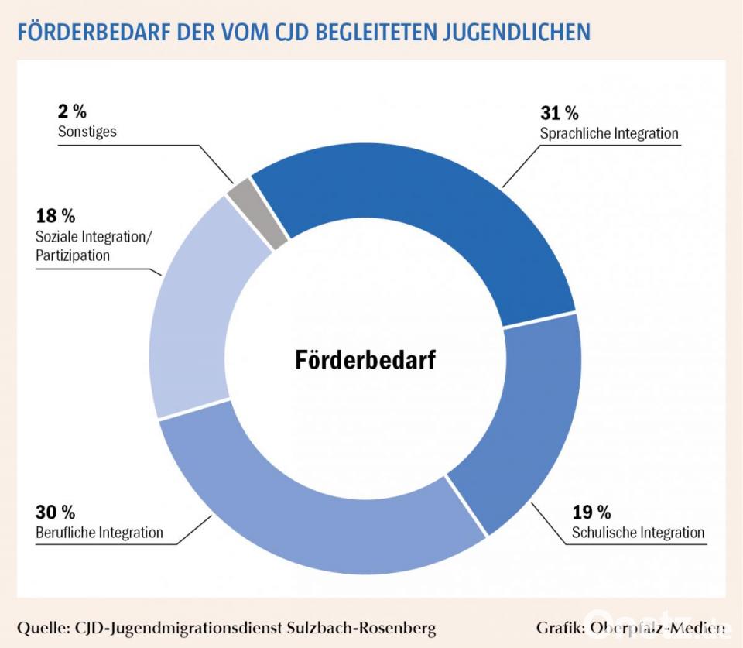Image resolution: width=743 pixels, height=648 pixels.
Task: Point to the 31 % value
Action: [560, 112]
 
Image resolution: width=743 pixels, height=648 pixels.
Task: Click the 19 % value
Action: [591, 512]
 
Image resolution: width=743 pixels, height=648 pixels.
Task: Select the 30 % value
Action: [55, 512]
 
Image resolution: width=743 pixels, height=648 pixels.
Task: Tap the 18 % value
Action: [56, 216]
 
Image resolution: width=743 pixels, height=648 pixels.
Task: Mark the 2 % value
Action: [72, 111]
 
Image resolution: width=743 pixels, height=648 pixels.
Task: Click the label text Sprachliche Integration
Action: [609, 133]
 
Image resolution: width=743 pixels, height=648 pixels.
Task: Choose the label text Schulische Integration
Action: [638, 533]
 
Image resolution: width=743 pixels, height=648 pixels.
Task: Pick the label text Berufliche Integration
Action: [99, 533]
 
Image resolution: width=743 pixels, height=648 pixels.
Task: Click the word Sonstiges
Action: [87, 132]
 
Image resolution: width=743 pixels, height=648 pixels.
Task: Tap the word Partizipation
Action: [73, 255]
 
